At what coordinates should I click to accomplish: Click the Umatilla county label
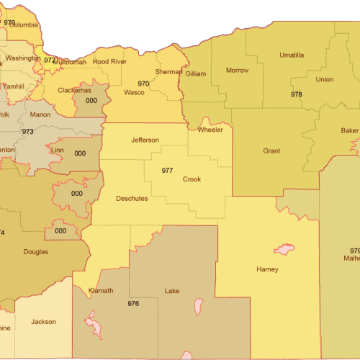click(292, 55)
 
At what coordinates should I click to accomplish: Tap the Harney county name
click(267, 270)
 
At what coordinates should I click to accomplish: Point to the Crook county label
click(192, 179)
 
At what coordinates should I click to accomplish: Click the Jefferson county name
click(145, 139)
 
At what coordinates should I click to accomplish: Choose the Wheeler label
click(211, 130)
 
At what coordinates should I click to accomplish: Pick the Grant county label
click(271, 151)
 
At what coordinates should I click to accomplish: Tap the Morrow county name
click(237, 71)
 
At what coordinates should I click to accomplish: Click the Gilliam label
click(196, 74)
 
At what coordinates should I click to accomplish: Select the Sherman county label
click(168, 72)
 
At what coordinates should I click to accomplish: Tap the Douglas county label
click(35, 252)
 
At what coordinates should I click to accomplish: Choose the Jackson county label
click(43, 322)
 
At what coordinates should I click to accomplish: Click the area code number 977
click(167, 171)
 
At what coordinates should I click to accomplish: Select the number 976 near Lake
click(133, 304)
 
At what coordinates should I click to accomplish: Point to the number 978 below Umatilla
click(297, 94)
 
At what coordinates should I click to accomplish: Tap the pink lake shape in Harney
click(283, 250)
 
